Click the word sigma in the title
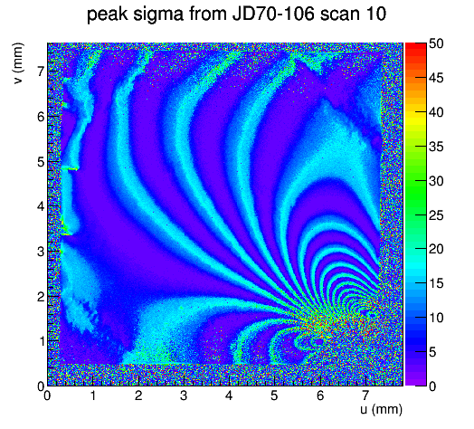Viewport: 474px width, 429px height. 157,14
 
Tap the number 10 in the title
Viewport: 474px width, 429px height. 375,14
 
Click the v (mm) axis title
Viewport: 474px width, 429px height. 18,63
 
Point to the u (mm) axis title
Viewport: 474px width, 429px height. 382,409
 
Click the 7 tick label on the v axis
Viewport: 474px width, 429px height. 41,71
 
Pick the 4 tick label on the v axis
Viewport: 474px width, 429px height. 41,206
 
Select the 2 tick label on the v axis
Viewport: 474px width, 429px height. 41,297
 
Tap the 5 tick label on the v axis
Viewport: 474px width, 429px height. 41,162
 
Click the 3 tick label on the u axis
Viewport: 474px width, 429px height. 184,396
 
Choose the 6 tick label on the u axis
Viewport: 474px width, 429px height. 320,396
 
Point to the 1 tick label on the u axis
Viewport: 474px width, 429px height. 93,396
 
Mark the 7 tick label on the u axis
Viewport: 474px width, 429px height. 365,396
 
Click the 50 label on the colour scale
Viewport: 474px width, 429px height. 436,43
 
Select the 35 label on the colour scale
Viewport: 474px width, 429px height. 436,147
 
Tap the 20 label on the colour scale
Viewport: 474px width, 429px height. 436,249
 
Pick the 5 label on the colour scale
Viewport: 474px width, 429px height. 432,352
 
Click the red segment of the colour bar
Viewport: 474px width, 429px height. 416,50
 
